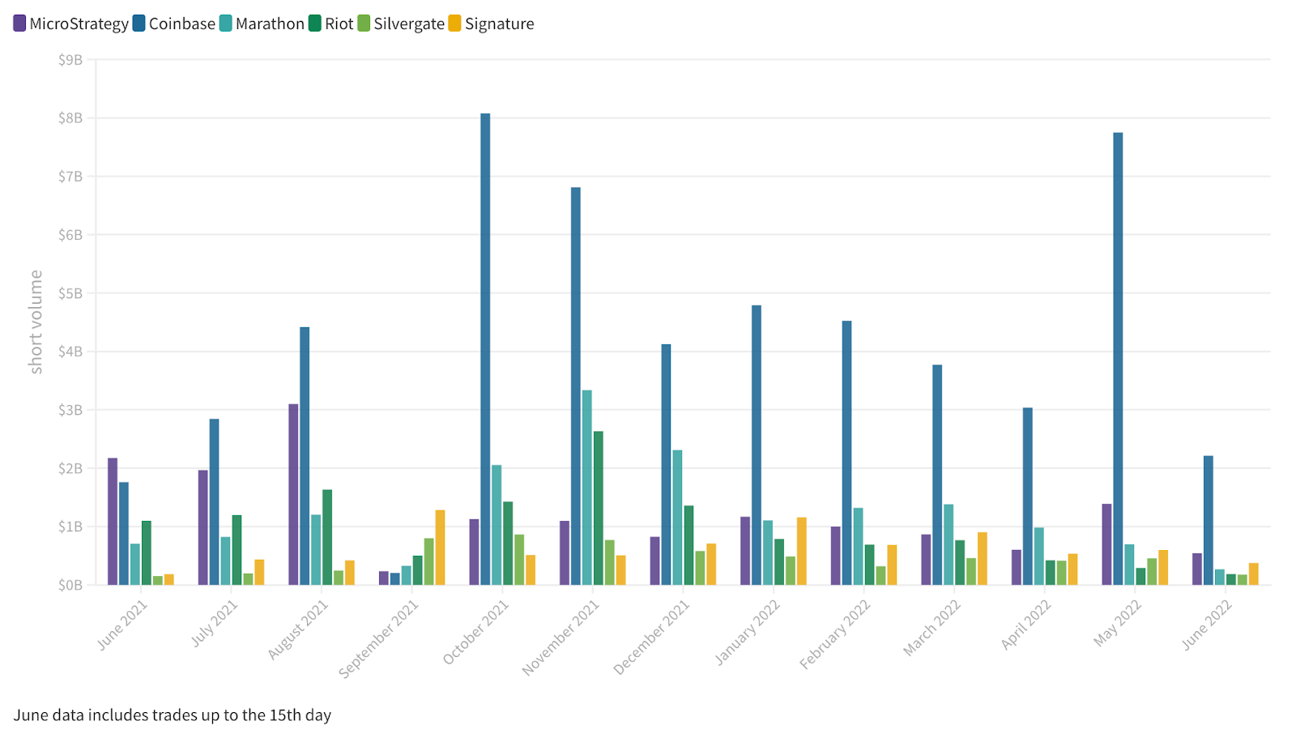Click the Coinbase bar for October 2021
(x=485, y=348)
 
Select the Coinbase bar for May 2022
(x=1118, y=358)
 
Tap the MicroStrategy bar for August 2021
(x=293, y=494)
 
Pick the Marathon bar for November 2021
(x=587, y=487)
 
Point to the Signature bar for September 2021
(x=440, y=547)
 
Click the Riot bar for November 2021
(x=598, y=508)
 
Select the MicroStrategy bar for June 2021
(x=113, y=521)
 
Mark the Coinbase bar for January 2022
(x=757, y=445)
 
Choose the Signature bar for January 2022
(x=801, y=551)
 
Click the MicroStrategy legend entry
(x=70, y=23)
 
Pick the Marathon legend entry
(x=262, y=23)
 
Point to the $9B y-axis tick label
(x=70, y=60)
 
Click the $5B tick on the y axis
(x=70, y=293)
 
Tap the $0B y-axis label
(x=70, y=585)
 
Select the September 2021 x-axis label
(x=379, y=639)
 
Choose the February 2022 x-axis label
(x=835, y=634)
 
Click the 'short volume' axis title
(x=36, y=322)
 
